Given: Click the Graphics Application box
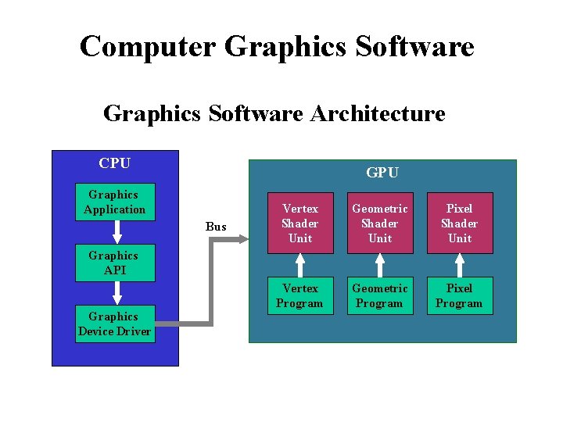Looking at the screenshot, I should tap(115, 202).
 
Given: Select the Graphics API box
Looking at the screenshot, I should tap(113, 263).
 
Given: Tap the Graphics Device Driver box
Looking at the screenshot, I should tap(114, 324).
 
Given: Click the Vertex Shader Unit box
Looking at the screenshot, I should tap(300, 223).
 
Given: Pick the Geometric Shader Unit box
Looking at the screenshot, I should tap(380, 223).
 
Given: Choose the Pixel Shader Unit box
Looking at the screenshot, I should tap(460, 223).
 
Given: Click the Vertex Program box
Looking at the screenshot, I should tap(300, 295).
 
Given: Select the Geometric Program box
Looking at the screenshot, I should tap(380, 295).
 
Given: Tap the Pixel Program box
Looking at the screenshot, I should tap(460, 295).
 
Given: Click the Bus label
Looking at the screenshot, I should tap(216, 227).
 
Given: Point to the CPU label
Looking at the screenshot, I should tap(114, 163).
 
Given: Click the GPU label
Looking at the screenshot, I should tap(382, 173).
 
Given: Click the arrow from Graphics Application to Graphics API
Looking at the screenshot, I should tap(116, 232).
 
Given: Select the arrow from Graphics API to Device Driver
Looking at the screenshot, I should tap(116, 293).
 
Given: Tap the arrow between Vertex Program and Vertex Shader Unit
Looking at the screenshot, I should tap(300, 265).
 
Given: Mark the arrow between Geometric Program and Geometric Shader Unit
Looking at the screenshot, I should tap(380, 265).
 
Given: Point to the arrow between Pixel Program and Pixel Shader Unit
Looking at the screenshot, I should tap(460, 265).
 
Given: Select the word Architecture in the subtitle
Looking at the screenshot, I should tap(378, 114).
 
